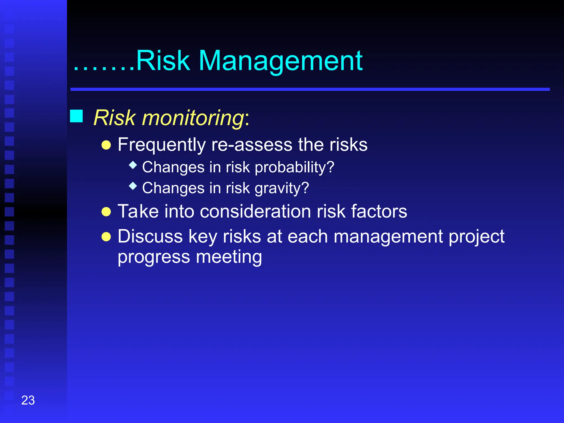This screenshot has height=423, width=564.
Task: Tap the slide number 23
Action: [x=28, y=400]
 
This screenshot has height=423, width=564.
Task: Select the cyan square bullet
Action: [x=76, y=116]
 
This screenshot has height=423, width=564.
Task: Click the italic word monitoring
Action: [x=192, y=118]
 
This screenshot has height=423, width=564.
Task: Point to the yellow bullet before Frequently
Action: [x=106, y=145]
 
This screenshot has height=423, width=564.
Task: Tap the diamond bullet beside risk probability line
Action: [x=133, y=165]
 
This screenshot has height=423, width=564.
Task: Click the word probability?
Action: [x=294, y=167]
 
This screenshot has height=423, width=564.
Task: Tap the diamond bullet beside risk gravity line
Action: [x=133, y=186]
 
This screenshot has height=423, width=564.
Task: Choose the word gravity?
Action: [x=282, y=188]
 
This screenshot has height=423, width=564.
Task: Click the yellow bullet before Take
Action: [x=106, y=212]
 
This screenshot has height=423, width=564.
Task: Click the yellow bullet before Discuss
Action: [x=106, y=237]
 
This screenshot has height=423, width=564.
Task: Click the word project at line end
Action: [x=476, y=237]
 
